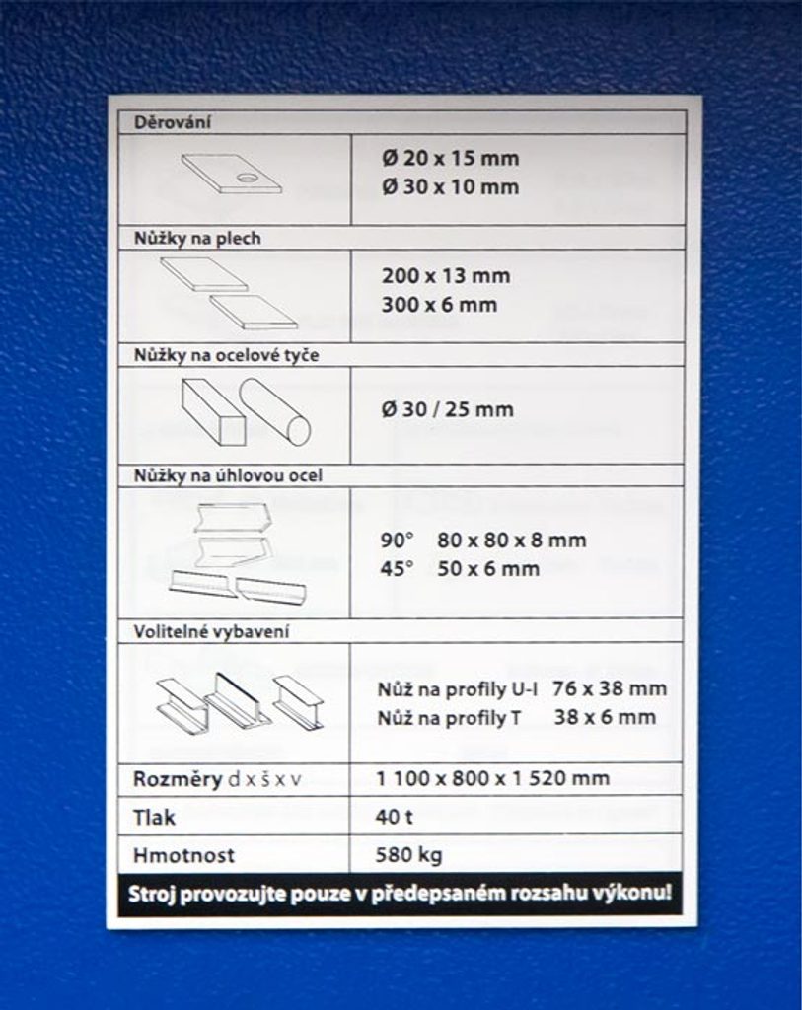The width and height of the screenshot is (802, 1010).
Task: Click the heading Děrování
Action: pos(165,123)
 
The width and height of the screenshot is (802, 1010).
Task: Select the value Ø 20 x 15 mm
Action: pos(450,158)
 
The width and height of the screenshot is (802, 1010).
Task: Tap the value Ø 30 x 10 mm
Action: pos(450,186)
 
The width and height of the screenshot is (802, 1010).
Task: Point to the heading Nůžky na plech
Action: pos(197,238)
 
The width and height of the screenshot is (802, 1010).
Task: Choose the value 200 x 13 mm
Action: pos(446,275)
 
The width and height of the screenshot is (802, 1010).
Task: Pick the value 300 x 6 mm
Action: pos(439,305)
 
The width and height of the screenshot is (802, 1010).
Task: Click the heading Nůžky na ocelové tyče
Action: pos(226,355)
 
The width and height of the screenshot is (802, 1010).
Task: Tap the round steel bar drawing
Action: pos(275,411)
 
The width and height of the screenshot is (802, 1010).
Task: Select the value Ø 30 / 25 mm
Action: pos(448,409)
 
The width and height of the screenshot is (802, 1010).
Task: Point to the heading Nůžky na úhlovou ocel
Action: pos(228,475)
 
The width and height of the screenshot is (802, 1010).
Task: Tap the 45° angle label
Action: pos(397,569)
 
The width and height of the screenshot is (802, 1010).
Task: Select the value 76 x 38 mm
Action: pos(610,688)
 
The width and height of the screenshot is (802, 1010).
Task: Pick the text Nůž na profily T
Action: pos(449,718)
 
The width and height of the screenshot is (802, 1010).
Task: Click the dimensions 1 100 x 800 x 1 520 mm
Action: pos(493,778)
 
